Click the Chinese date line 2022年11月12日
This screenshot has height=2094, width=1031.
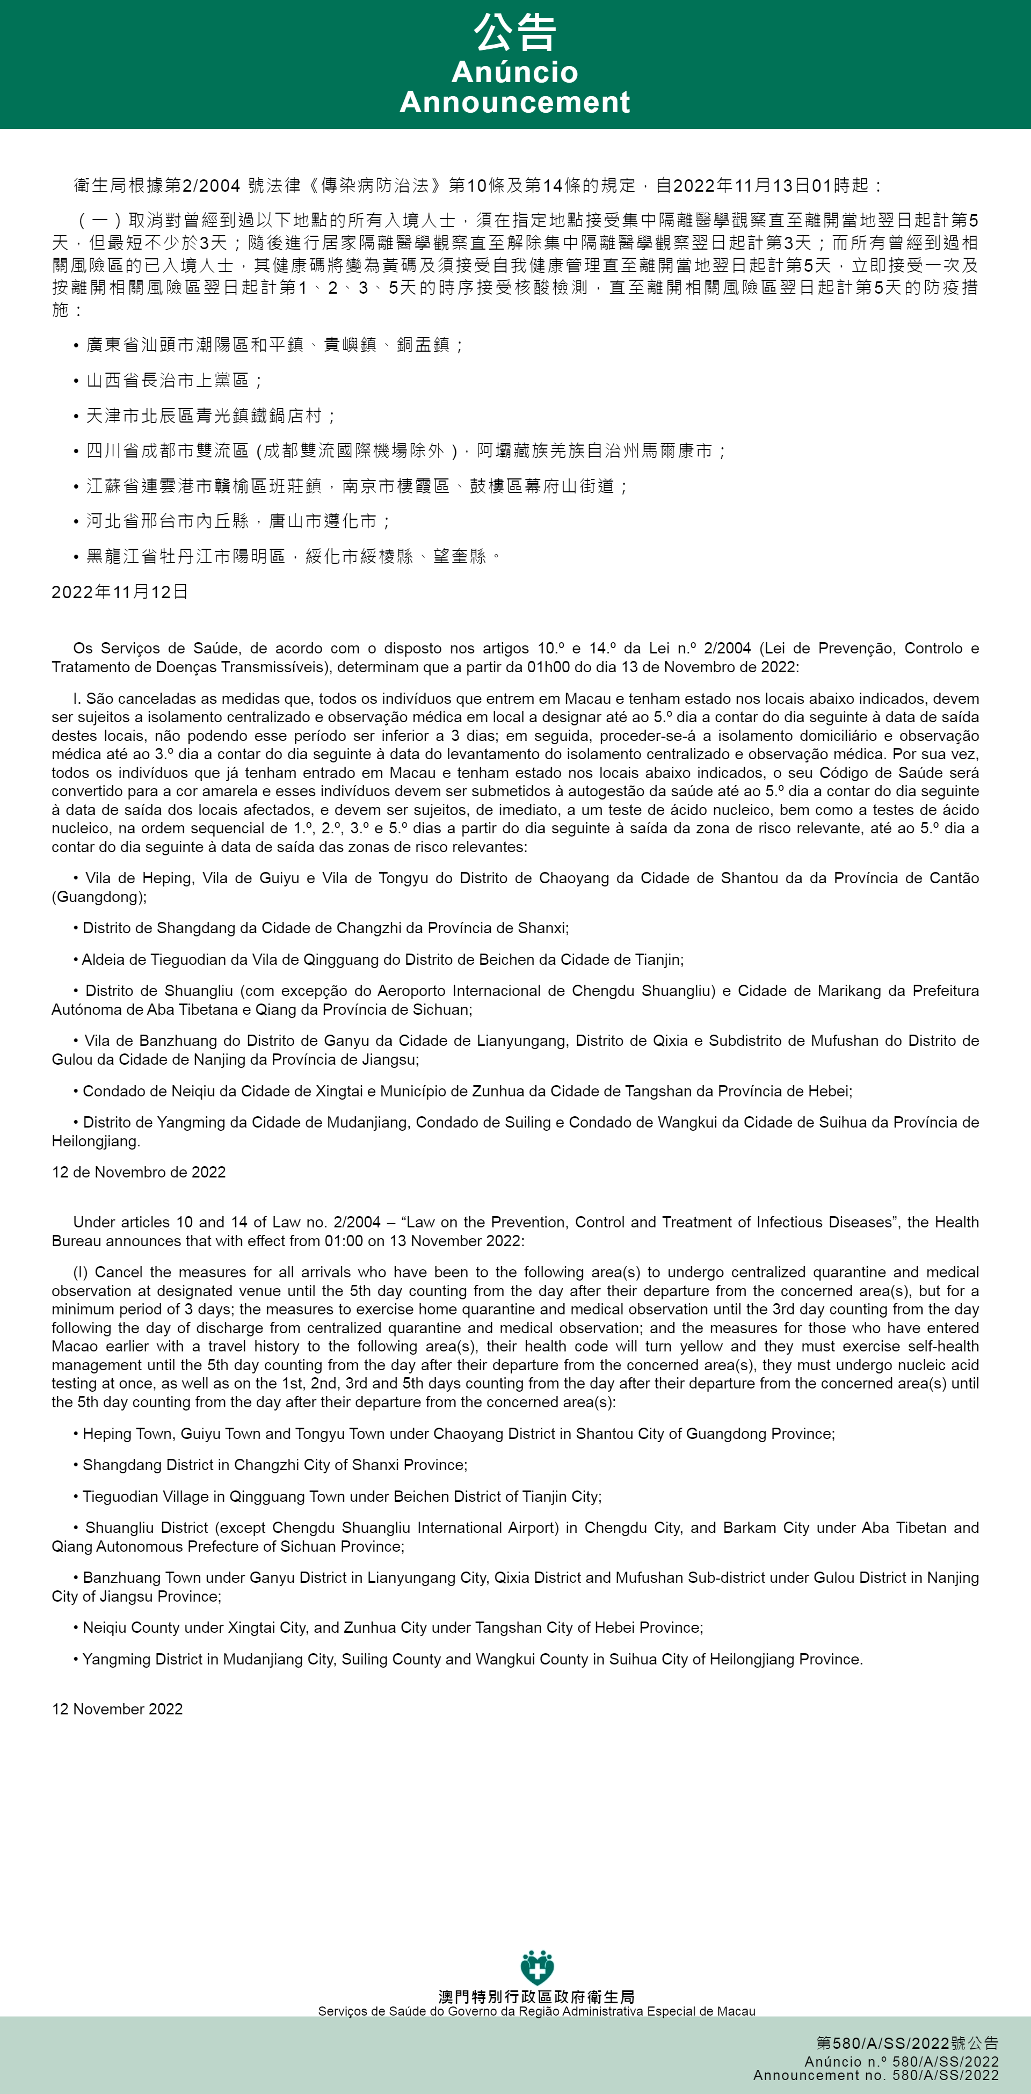point(120,592)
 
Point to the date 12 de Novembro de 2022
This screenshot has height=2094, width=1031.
point(138,1172)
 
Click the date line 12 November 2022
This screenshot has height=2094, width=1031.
point(117,1708)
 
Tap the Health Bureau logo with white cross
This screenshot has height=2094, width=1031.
point(536,1968)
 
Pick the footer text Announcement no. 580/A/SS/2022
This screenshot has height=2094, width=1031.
point(876,2075)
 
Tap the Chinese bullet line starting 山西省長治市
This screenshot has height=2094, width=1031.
point(174,381)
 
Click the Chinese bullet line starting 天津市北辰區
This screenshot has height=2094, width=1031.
point(210,416)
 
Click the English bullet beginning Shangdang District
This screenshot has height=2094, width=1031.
point(275,1465)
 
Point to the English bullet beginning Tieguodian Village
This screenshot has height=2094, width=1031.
point(342,1496)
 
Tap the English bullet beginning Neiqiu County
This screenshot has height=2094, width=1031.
point(392,1627)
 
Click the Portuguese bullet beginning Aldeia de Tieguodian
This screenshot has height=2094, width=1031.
point(382,959)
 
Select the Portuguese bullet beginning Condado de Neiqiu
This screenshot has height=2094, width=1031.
point(467,1091)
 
